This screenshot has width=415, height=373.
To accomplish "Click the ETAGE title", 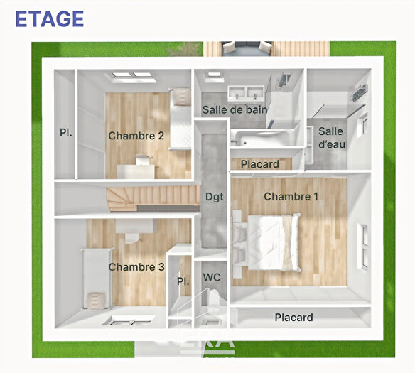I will point(49,18).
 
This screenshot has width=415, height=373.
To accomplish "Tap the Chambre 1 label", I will point(291,196).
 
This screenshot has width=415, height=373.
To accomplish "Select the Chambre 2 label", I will point(136,136).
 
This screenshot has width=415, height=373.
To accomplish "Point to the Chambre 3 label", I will point(136,266).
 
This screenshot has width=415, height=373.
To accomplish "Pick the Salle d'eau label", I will point(330,138).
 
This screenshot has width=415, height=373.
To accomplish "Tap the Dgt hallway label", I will point(215,197).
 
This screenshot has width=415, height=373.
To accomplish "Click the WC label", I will point(212,277).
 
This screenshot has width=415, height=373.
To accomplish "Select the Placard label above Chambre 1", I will point(259,164).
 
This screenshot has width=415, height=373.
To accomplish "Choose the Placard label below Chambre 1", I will point(293,318).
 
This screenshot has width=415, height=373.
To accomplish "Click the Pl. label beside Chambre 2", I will point(65,132).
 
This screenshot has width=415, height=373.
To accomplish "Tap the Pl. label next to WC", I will point(183,282).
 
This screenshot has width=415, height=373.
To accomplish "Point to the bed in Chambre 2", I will point(180,118).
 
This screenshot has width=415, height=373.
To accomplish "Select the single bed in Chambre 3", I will point(96,277).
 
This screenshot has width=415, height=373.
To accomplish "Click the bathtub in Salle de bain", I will point(263,137).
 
